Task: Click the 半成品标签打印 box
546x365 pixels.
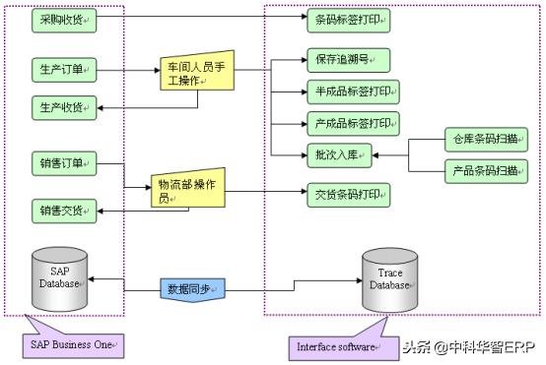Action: tap(351, 92)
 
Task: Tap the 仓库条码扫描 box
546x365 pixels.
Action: tap(486, 139)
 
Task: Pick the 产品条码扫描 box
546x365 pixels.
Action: tap(486, 170)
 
